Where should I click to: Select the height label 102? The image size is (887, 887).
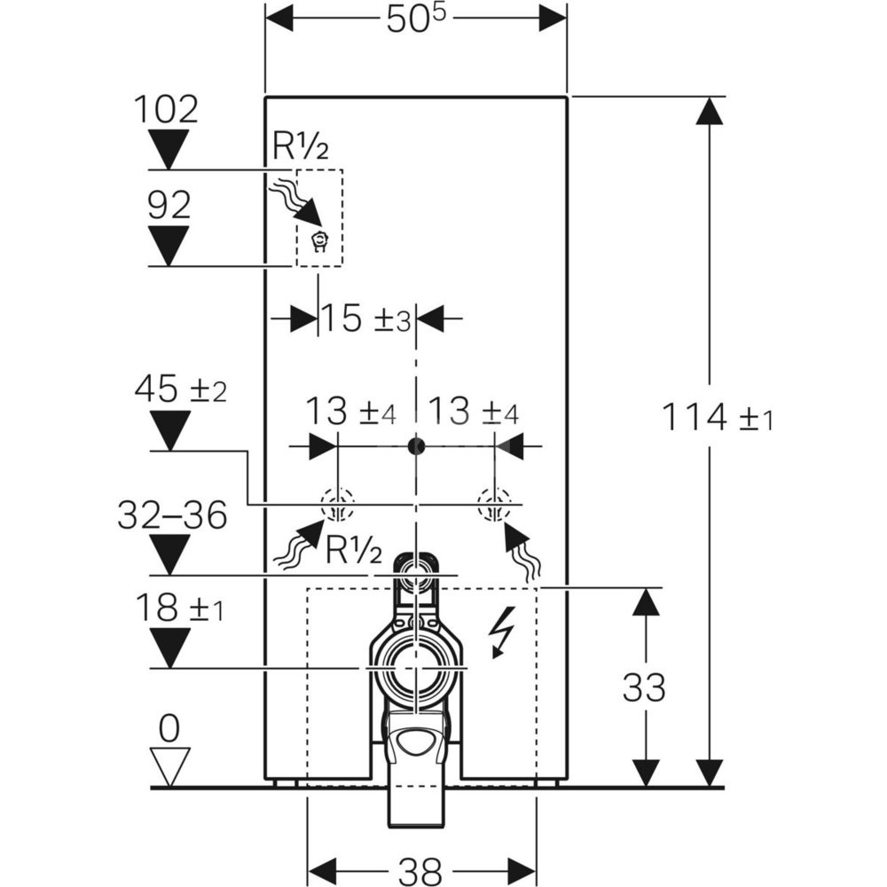tap(166, 110)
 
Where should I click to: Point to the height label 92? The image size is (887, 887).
tap(169, 206)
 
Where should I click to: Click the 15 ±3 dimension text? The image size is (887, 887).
tap(365, 318)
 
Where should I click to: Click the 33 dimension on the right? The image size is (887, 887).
tap(644, 687)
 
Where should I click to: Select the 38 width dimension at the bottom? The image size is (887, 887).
tap(421, 866)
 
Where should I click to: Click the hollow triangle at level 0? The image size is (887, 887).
tap(169, 763)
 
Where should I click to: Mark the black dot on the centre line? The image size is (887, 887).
tap(414, 445)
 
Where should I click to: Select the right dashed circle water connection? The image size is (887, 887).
tap(493, 506)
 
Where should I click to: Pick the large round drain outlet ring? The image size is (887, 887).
tap(413, 664)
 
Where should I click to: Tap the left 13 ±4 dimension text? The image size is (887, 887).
tap(350, 412)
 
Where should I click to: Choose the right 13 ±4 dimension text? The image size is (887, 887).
tap(474, 412)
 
